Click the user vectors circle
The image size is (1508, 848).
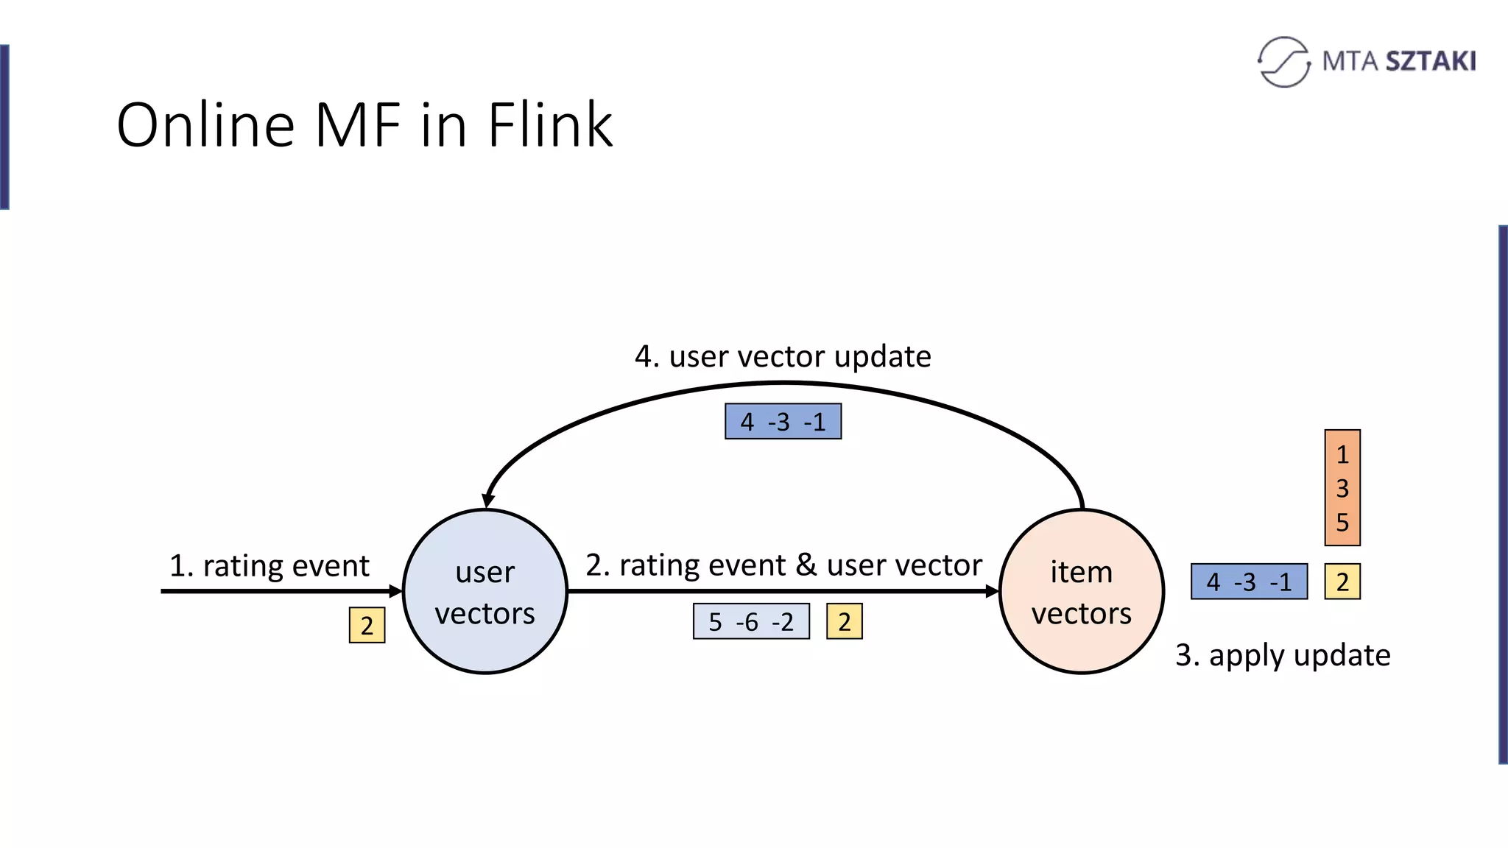click(485, 591)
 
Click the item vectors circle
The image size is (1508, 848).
click(1081, 591)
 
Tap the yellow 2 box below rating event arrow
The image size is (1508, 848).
click(367, 625)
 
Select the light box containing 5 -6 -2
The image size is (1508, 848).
click(751, 621)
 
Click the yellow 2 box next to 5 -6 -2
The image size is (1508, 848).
click(844, 621)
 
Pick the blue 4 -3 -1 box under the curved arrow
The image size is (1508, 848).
click(783, 422)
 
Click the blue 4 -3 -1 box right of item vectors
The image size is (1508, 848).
click(1249, 582)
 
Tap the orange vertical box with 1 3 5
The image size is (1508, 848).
click(1342, 487)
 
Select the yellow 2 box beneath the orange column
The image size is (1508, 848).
click(1342, 582)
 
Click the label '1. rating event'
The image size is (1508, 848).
click(269, 565)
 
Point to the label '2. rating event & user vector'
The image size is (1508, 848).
click(783, 565)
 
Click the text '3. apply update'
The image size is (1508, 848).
click(1282, 654)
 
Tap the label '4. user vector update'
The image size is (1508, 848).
click(783, 356)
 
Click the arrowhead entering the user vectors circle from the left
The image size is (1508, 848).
click(396, 591)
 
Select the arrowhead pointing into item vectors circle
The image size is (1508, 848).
click(992, 591)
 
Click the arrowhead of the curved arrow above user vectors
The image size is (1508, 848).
click(488, 500)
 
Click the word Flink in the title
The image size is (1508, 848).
click(549, 125)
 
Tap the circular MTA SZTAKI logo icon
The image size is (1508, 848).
click(1283, 62)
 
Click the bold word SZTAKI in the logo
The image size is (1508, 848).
click(1430, 61)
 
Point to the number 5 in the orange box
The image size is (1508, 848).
click(1342, 522)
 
